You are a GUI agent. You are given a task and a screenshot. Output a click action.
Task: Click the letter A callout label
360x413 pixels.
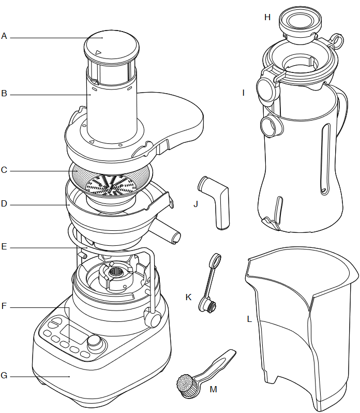click(4, 36)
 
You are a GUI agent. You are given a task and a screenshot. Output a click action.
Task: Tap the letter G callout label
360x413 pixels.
click(4, 375)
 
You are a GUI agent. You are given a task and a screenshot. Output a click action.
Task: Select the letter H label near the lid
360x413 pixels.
click(267, 18)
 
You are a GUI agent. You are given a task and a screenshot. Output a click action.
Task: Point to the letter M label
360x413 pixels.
click(214, 389)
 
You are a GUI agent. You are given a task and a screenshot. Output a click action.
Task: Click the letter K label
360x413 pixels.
click(188, 297)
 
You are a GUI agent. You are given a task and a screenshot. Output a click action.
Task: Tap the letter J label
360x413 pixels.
click(196, 204)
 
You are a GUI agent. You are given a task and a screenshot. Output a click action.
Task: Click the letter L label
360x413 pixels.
click(249, 319)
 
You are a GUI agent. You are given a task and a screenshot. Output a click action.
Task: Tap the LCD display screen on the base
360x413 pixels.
click(74, 334)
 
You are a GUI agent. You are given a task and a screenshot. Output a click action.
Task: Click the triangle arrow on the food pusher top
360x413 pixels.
click(98, 52)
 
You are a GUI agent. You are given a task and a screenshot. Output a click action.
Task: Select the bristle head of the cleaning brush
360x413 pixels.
click(185, 384)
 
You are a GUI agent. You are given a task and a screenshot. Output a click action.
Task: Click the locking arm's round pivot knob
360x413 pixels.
click(153, 317)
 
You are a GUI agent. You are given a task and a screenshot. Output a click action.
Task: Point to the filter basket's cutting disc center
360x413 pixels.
click(111, 186)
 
